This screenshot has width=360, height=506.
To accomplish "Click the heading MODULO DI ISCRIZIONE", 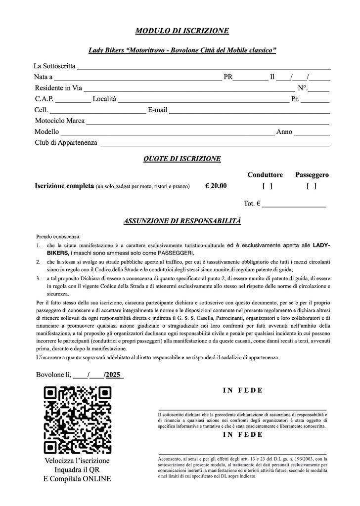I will point(181,31).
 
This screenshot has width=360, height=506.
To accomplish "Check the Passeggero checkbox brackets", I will point(312,186).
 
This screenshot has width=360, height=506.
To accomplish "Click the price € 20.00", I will point(216,186).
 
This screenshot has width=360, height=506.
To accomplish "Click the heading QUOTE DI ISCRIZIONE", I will point(181,159).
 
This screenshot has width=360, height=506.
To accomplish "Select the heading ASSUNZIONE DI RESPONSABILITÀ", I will point(181,221).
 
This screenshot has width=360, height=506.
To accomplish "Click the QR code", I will point(78,421).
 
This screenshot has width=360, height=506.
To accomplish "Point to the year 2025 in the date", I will point(114,374).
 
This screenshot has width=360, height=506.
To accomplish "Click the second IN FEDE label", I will point(242,435).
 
